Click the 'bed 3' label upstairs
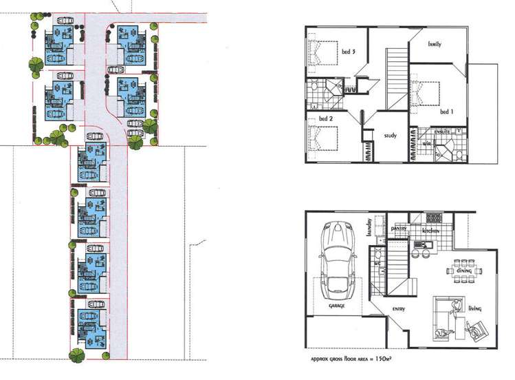pyautogui.click(x=348, y=50)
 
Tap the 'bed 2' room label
pyautogui.click(x=326, y=119)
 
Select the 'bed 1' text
pyautogui.click(x=447, y=111)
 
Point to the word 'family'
pyautogui.click(x=435, y=44)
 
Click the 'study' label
pyautogui.click(x=390, y=136)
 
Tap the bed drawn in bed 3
pyautogui.click(x=322, y=52)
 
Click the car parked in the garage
pyautogui.click(x=336, y=258)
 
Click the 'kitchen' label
pyautogui.click(x=431, y=232)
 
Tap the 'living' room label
pyautogui.click(x=474, y=309)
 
